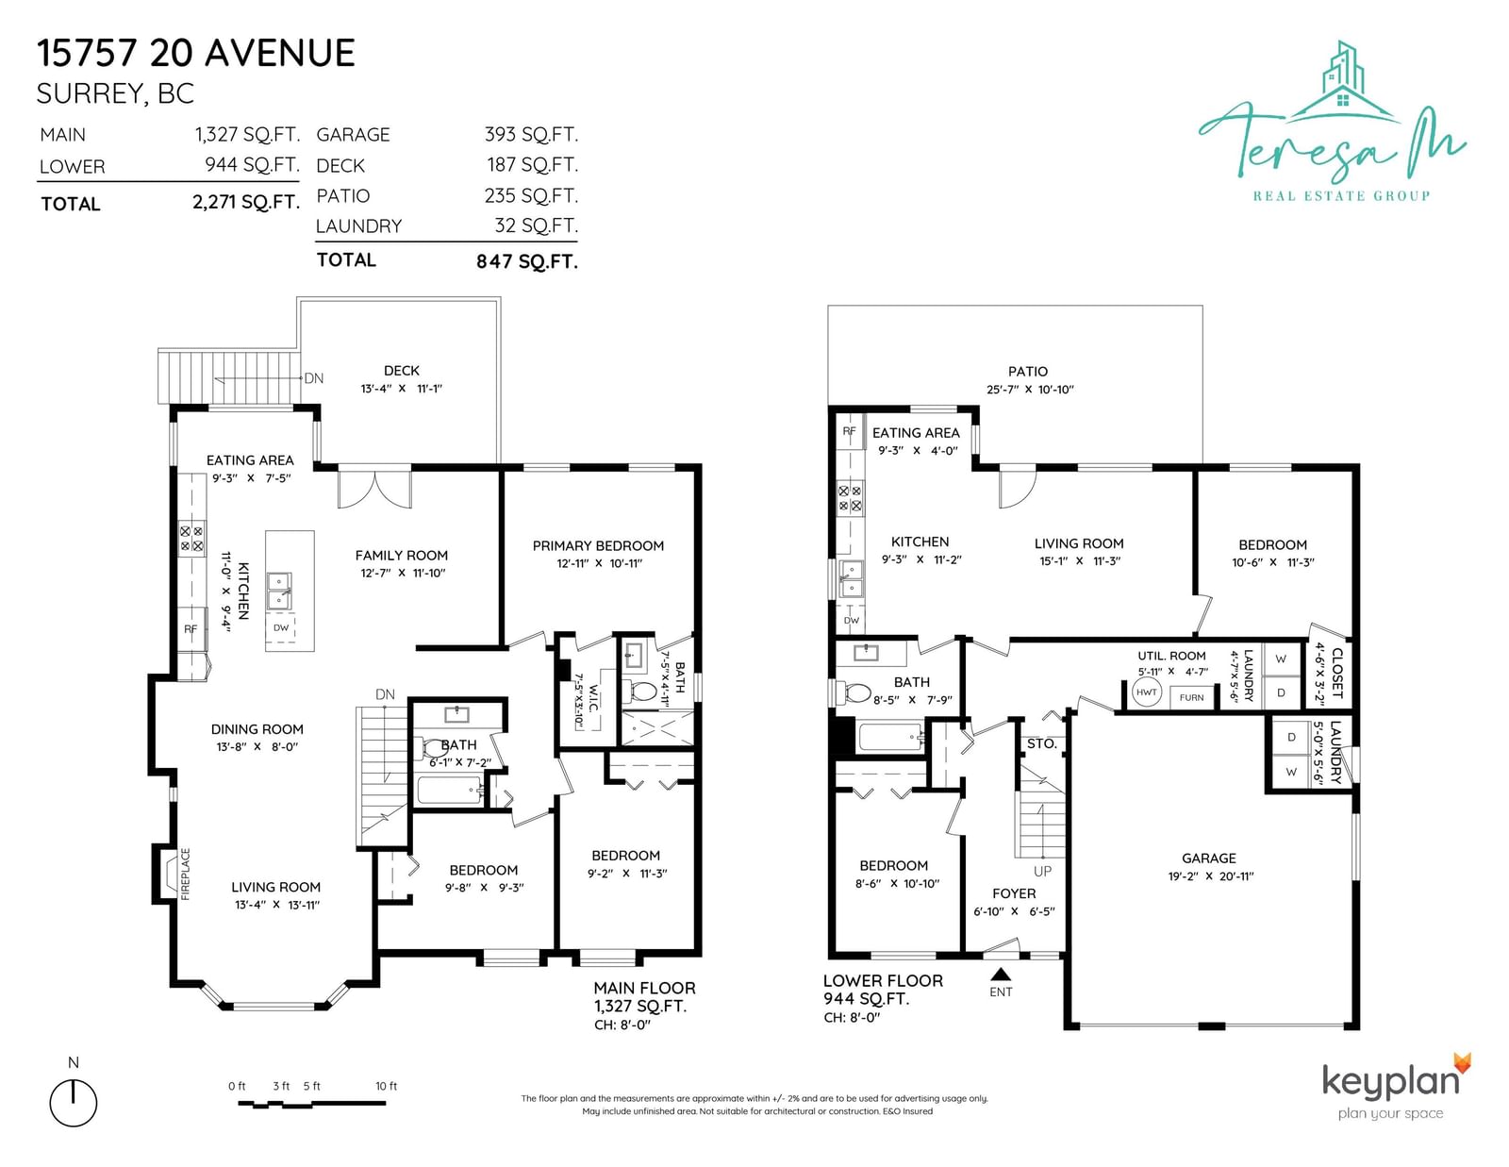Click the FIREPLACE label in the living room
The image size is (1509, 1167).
point(186,874)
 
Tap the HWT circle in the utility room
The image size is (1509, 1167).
point(1146,692)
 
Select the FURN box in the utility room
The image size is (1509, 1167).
point(1192,697)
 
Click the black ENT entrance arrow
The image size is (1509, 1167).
point(1001,974)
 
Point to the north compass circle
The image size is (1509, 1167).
point(73,1103)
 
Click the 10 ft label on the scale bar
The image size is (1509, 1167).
point(386,1087)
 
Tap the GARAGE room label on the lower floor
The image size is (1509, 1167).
point(1209,859)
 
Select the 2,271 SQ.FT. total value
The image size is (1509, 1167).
point(246,202)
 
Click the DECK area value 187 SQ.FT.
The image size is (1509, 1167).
point(532,165)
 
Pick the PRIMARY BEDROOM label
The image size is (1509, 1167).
point(598,546)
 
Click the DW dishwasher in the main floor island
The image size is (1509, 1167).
point(280,628)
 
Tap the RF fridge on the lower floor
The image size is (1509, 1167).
point(850,431)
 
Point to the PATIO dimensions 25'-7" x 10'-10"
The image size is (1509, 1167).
point(1030,390)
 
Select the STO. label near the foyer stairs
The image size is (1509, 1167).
point(1041,744)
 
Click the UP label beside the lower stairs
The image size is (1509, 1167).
point(1042,871)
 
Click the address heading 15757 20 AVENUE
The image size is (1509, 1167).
point(196,54)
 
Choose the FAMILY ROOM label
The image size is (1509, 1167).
point(402,556)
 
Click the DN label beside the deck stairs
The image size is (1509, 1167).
point(314,378)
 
